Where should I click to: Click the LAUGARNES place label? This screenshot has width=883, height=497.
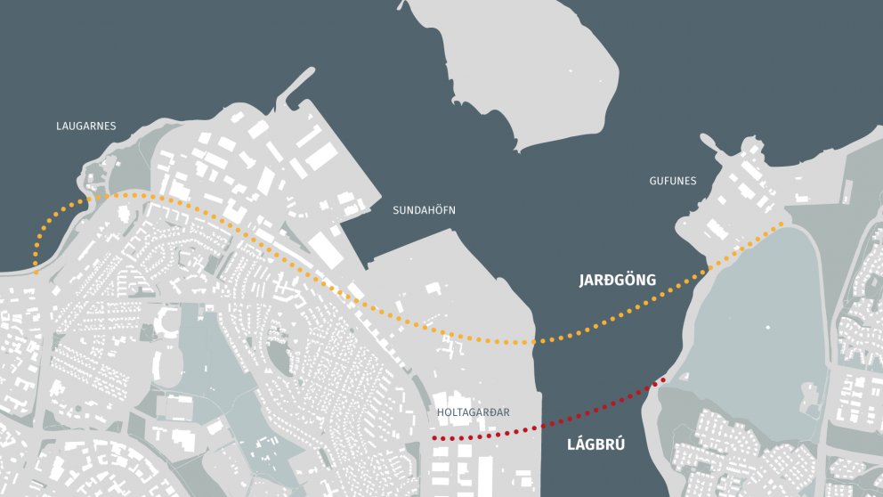coord(85,126)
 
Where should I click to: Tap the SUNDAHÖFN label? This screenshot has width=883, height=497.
coord(425,210)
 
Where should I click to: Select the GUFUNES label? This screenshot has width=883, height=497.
coord(673,181)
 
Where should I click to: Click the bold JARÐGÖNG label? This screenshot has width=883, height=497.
coord(617,281)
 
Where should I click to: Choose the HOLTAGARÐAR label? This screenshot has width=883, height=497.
coord(474,412)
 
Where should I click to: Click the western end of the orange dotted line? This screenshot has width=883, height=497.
coord(36,264)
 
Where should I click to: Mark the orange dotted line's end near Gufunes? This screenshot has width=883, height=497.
coord(782,224)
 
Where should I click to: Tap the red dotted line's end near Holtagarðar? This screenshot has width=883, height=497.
coord(434,439)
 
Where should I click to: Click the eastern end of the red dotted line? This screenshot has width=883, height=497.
coord(662,380)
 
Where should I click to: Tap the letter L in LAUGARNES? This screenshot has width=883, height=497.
coord(58,126)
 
